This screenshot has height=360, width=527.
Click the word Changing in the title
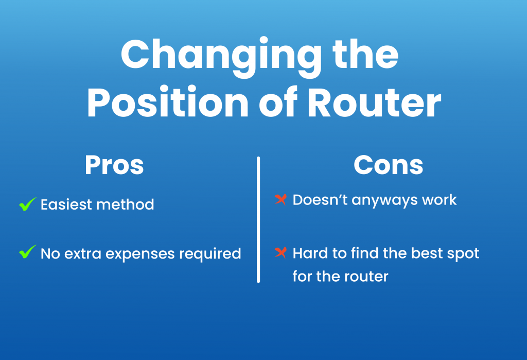[x=221, y=57]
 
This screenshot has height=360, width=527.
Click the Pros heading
[x=114, y=165]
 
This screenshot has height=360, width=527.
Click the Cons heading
[x=389, y=165]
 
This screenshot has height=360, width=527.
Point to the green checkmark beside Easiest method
[x=28, y=204]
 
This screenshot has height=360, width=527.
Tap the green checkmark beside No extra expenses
[x=28, y=252]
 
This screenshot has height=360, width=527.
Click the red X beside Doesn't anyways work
[x=280, y=199]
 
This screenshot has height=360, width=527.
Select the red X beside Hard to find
[x=280, y=252]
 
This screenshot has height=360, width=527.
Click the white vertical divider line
[x=258, y=220]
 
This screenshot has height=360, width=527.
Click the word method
[x=125, y=204]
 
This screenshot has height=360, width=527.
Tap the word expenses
[x=140, y=254]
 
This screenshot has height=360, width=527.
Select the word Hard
[x=310, y=253]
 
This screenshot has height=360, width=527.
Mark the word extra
[x=83, y=254]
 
